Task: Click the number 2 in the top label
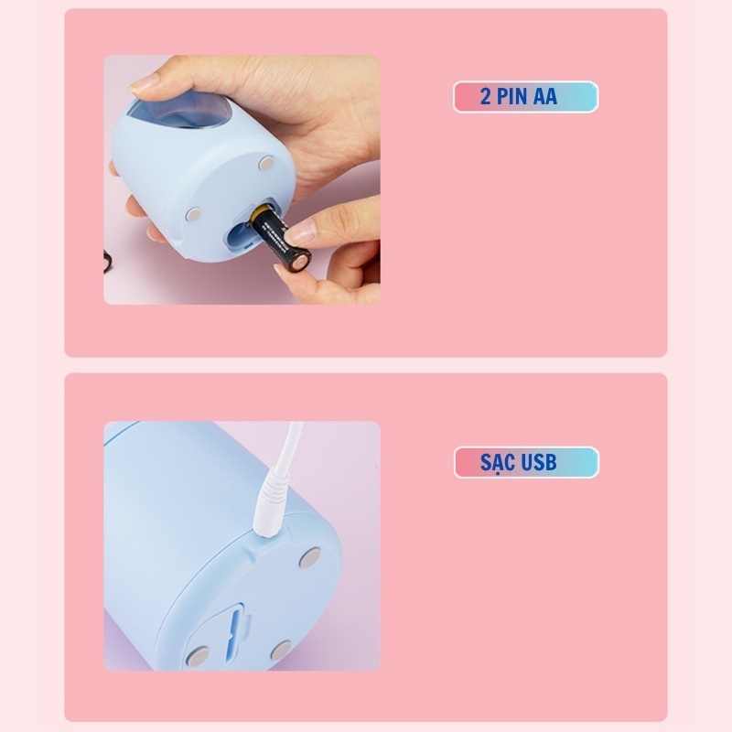pos(486,97)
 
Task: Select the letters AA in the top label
pos(544,97)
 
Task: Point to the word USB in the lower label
pos(538,462)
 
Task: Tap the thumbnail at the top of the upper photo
pos(144,84)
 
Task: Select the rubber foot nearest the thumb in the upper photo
pos(266,164)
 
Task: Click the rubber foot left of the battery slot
pos(193,214)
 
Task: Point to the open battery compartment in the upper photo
pos(242,232)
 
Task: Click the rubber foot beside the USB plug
pos(310,558)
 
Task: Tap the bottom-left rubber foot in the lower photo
pos(198,656)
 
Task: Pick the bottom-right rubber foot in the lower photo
pos(281,651)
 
